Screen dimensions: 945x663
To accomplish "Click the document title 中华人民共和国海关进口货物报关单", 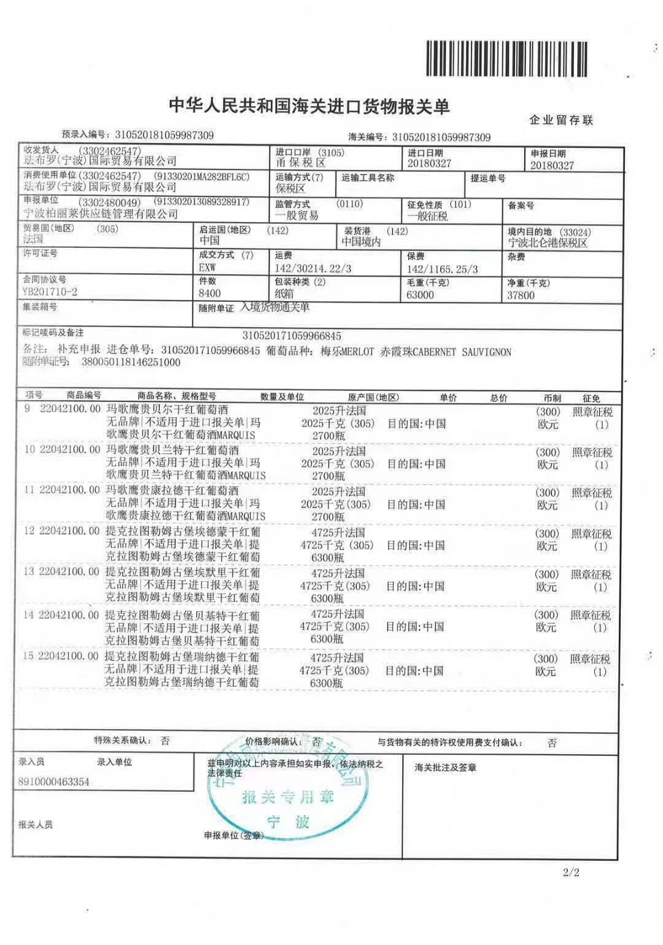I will (x=309, y=107).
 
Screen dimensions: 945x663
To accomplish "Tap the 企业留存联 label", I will (x=561, y=120).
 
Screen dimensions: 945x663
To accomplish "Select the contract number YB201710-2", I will (x=50, y=292).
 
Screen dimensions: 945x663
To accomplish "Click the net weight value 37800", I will (x=521, y=295).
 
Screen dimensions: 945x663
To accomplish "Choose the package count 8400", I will (x=210, y=294).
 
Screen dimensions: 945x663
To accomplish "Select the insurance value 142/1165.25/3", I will (x=442, y=269).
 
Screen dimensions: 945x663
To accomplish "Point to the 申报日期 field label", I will (x=548, y=153).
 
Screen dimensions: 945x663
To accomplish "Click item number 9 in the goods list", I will (x=28, y=408).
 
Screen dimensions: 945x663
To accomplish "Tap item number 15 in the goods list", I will (x=28, y=656).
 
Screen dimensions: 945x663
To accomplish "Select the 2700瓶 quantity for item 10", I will (x=328, y=476).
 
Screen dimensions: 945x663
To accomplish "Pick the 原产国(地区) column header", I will (x=373, y=397).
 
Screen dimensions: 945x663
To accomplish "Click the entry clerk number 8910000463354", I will (x=54, y=782).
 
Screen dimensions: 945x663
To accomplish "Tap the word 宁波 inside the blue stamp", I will (x=287, y=822).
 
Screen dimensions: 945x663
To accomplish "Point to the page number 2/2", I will (x=570, y=872).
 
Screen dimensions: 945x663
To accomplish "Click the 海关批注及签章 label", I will (x=446, y=767).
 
